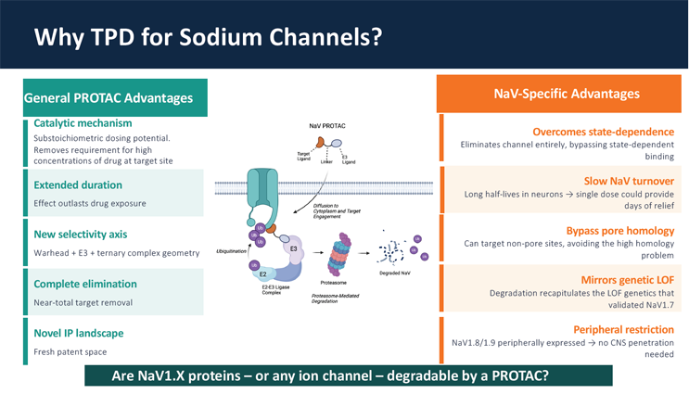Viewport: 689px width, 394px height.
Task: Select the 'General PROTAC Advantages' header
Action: coord(108,97)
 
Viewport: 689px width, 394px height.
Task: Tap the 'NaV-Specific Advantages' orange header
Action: coord(567,94)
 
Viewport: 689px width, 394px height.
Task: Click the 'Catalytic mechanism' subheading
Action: coord(83,123)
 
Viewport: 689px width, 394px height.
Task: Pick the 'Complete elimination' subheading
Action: coord(85,284)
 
